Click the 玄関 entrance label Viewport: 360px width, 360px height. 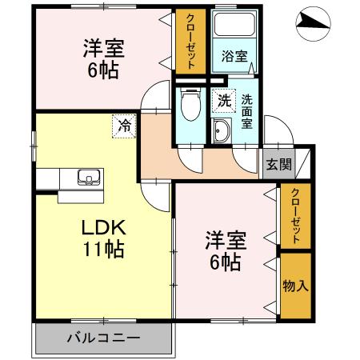coord(279,166)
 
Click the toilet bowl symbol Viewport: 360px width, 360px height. coord(191,107)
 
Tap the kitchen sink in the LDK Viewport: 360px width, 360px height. coord(86,177)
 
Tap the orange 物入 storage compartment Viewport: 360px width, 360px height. coord(294,286)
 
